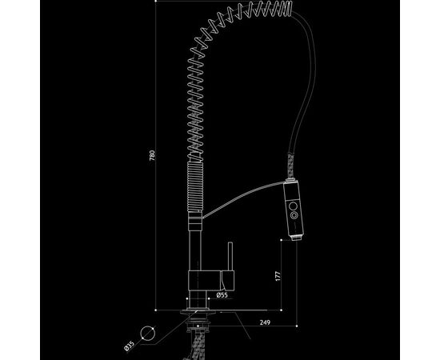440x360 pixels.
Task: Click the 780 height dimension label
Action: (152, 156)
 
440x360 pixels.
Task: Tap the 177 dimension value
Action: (278, 276)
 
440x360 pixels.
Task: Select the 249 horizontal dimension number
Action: (265, 322)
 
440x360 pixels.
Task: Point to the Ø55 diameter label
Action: (222, 295)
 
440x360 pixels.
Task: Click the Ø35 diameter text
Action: (129, 346)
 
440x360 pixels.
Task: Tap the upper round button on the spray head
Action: (293, 206)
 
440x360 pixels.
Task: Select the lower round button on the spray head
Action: (294, 215)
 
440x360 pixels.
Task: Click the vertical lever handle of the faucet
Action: (230, 257)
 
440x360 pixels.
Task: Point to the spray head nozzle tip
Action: (297, 238)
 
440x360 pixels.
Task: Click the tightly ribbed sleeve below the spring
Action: (195, 186)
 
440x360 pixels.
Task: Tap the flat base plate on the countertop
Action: (198, 312)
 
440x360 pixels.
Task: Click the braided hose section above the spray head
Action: (290, 166)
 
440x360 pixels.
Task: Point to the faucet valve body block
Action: (204, 280)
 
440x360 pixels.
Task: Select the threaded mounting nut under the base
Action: (198, 323)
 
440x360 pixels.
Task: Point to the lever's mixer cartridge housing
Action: (228, 281)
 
